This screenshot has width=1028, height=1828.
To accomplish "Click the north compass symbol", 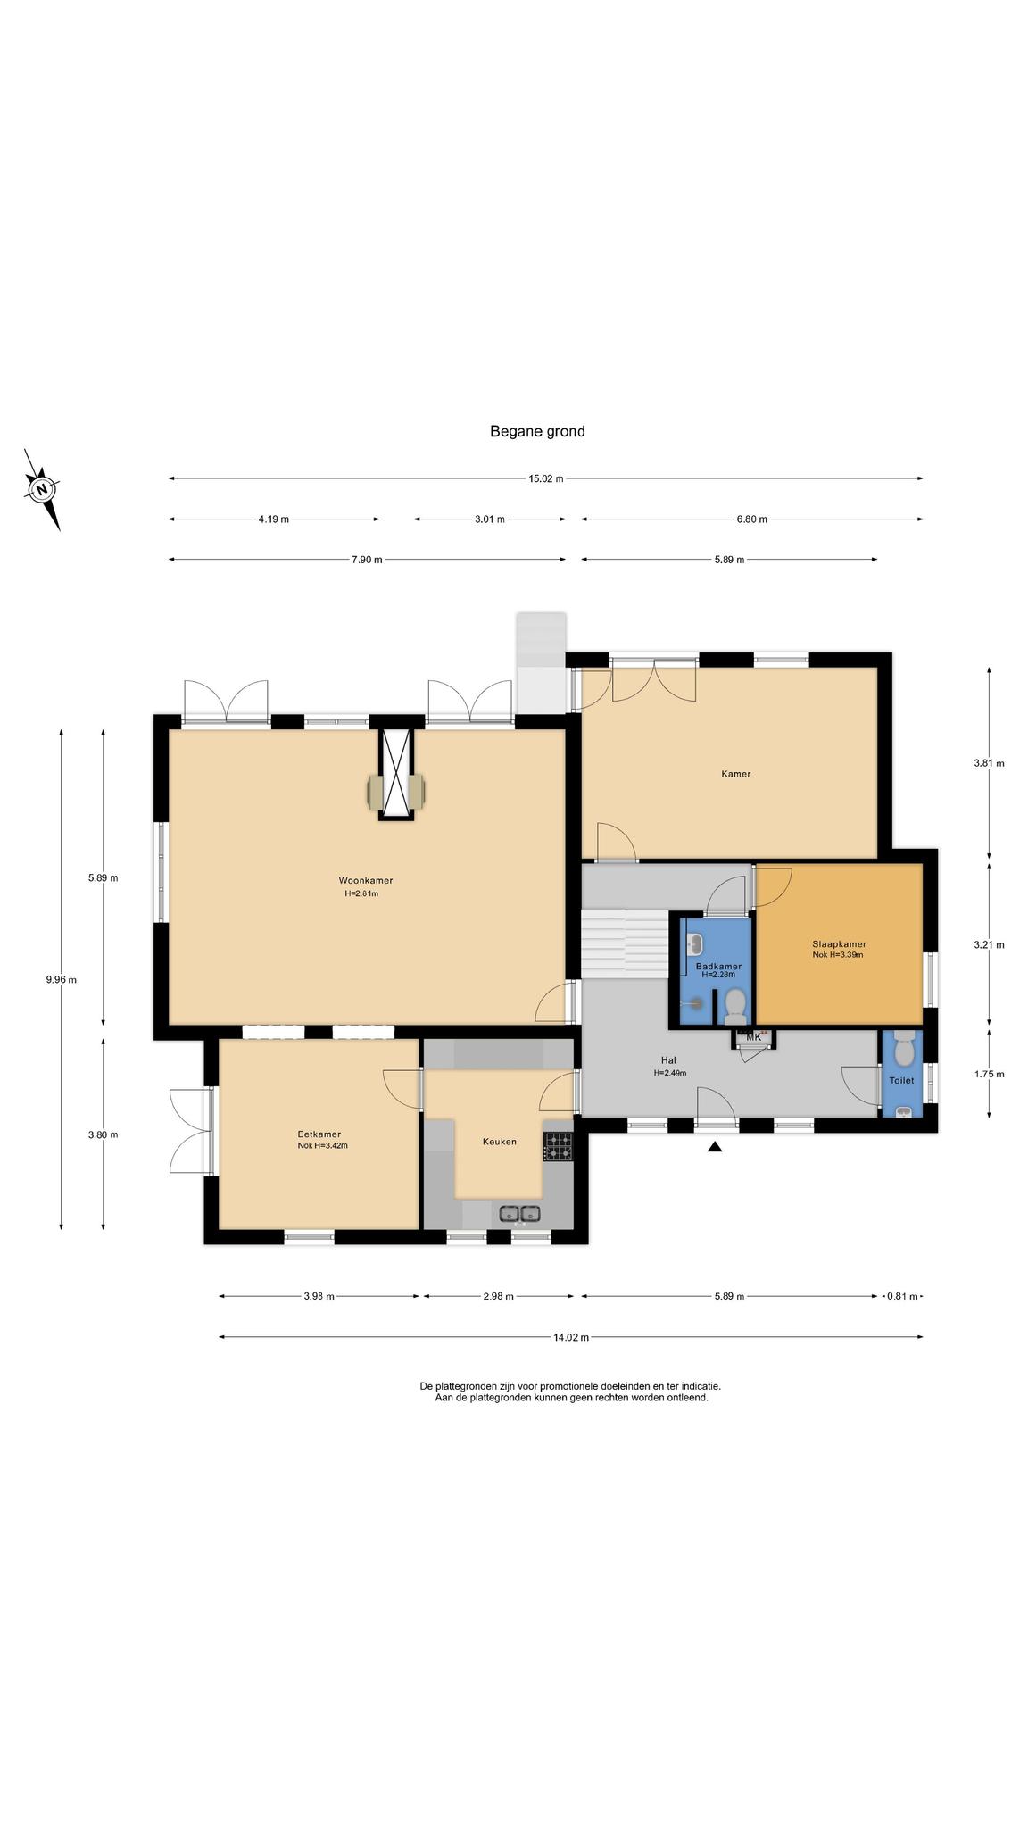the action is [x=42, y=489].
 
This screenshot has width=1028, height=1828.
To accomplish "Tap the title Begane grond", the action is [x=537, y=431].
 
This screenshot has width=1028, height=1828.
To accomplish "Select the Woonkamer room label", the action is [x=365, y=880].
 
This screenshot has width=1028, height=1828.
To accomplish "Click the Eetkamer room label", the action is [x=319, y=1134].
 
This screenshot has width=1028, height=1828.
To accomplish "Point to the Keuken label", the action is [x=500, y=1141].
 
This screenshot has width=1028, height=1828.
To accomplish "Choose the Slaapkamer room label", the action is [x=839, y=943].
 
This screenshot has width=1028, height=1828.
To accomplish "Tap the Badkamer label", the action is [x=718, y=966].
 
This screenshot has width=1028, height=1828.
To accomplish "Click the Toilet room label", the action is [x=901, y=1080].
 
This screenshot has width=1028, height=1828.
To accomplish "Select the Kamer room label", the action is [x=736, y=774].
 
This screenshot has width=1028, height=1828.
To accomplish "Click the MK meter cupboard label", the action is [x=754, y=1037].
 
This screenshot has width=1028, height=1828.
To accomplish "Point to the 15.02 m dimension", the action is [x=546, y=478].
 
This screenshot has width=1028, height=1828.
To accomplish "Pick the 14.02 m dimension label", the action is [x=571, y=1337].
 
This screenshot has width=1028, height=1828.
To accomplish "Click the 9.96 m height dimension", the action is [x=61, y=979].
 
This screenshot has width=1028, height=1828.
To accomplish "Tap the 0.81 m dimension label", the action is [x=901, y=1296].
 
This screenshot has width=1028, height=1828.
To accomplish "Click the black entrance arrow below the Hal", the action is [x=714, y=1147].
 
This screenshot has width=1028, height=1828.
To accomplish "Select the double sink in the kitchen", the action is [x=519, y=1214].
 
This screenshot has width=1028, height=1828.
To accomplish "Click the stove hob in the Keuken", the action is [x=559, y=1147].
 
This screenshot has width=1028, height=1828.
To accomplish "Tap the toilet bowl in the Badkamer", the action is [x=735, y=1004].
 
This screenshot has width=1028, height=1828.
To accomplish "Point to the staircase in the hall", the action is [x=625, y=944].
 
